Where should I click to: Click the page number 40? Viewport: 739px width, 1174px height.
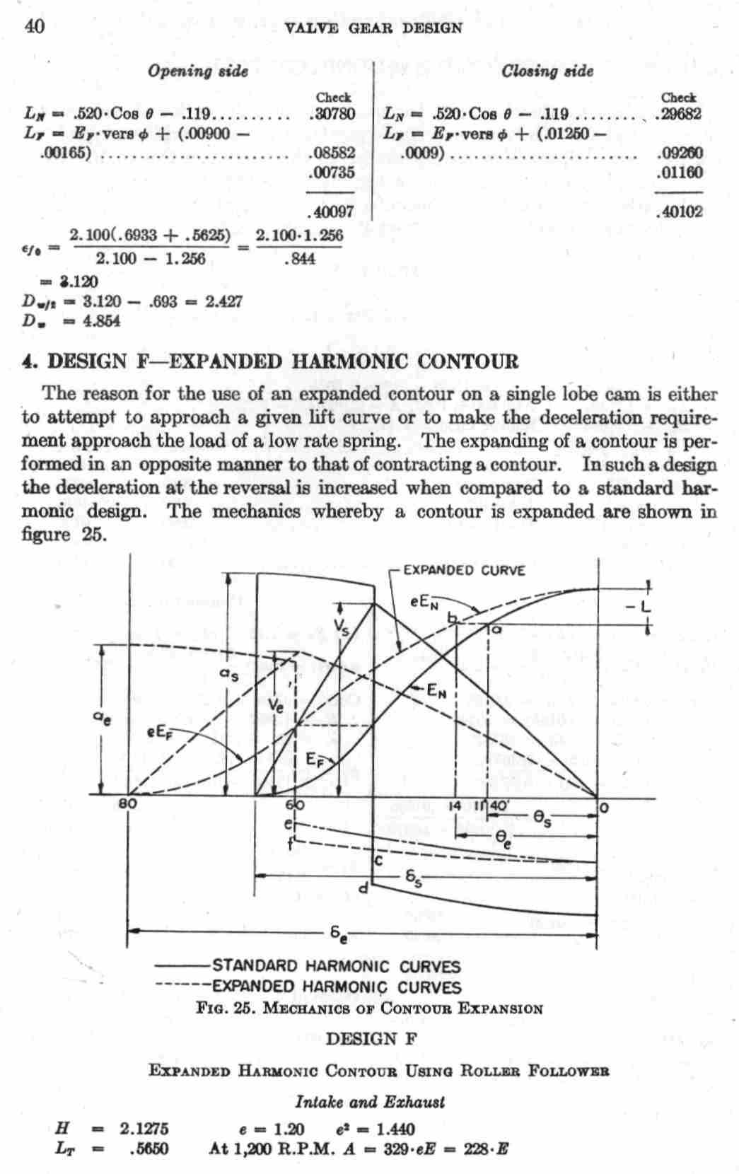click(35, 26)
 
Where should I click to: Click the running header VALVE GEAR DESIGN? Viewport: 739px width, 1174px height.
click(372, 28)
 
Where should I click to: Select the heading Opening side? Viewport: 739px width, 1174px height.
click(197, 71)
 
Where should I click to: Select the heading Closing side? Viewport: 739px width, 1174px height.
click(547, 71)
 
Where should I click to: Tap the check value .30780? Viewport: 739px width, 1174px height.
click(332, 113)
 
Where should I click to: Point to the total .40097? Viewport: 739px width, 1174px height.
click(332, 211)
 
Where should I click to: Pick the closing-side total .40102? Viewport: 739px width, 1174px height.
click(679, 211)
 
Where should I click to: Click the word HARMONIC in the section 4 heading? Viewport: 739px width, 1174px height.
click(350, 361)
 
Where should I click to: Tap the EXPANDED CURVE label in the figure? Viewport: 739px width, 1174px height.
click(465, 571)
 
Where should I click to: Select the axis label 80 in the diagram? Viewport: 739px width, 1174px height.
click(128, 804)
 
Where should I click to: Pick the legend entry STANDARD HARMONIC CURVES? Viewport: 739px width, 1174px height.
click(336, 966)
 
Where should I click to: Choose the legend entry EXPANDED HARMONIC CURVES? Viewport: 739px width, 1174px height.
click(336, 987)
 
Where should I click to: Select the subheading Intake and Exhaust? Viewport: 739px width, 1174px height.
click(370, 1101)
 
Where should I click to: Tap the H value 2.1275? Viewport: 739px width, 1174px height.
click(144, 1128)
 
